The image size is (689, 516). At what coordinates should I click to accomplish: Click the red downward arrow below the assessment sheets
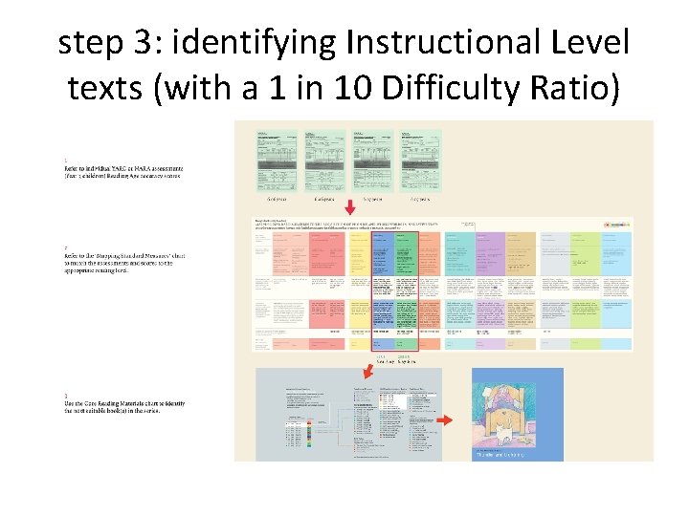[350, 206]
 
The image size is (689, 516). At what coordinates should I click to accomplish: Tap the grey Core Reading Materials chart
[348, 415]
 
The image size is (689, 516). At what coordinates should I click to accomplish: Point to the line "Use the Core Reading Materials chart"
[125, 404]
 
